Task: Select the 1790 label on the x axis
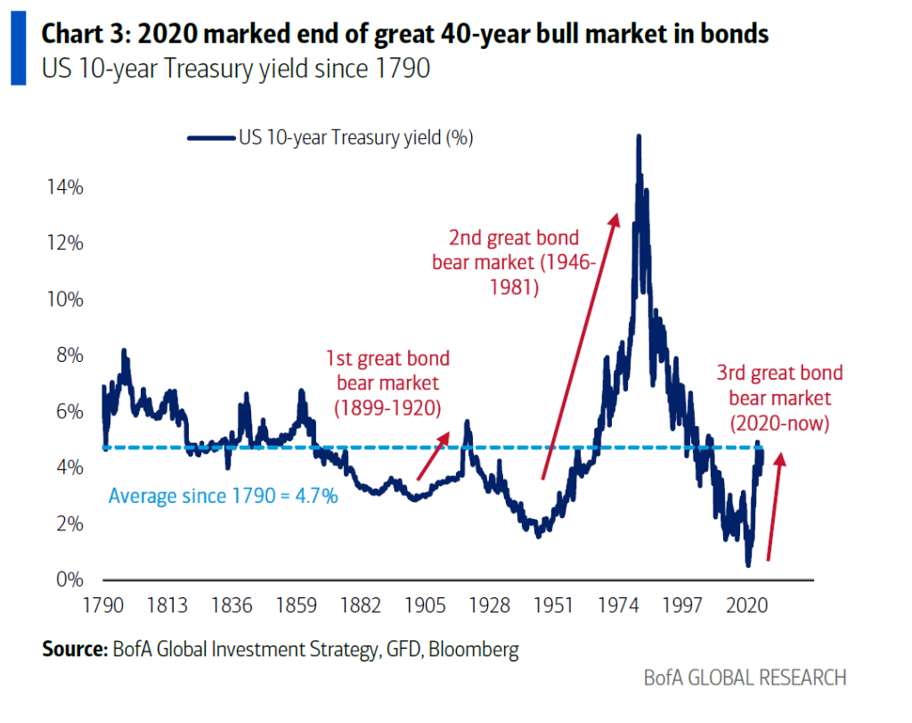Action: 102,606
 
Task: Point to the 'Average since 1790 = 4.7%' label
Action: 223,496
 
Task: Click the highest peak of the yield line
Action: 639,136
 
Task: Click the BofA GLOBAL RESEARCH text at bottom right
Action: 745,678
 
